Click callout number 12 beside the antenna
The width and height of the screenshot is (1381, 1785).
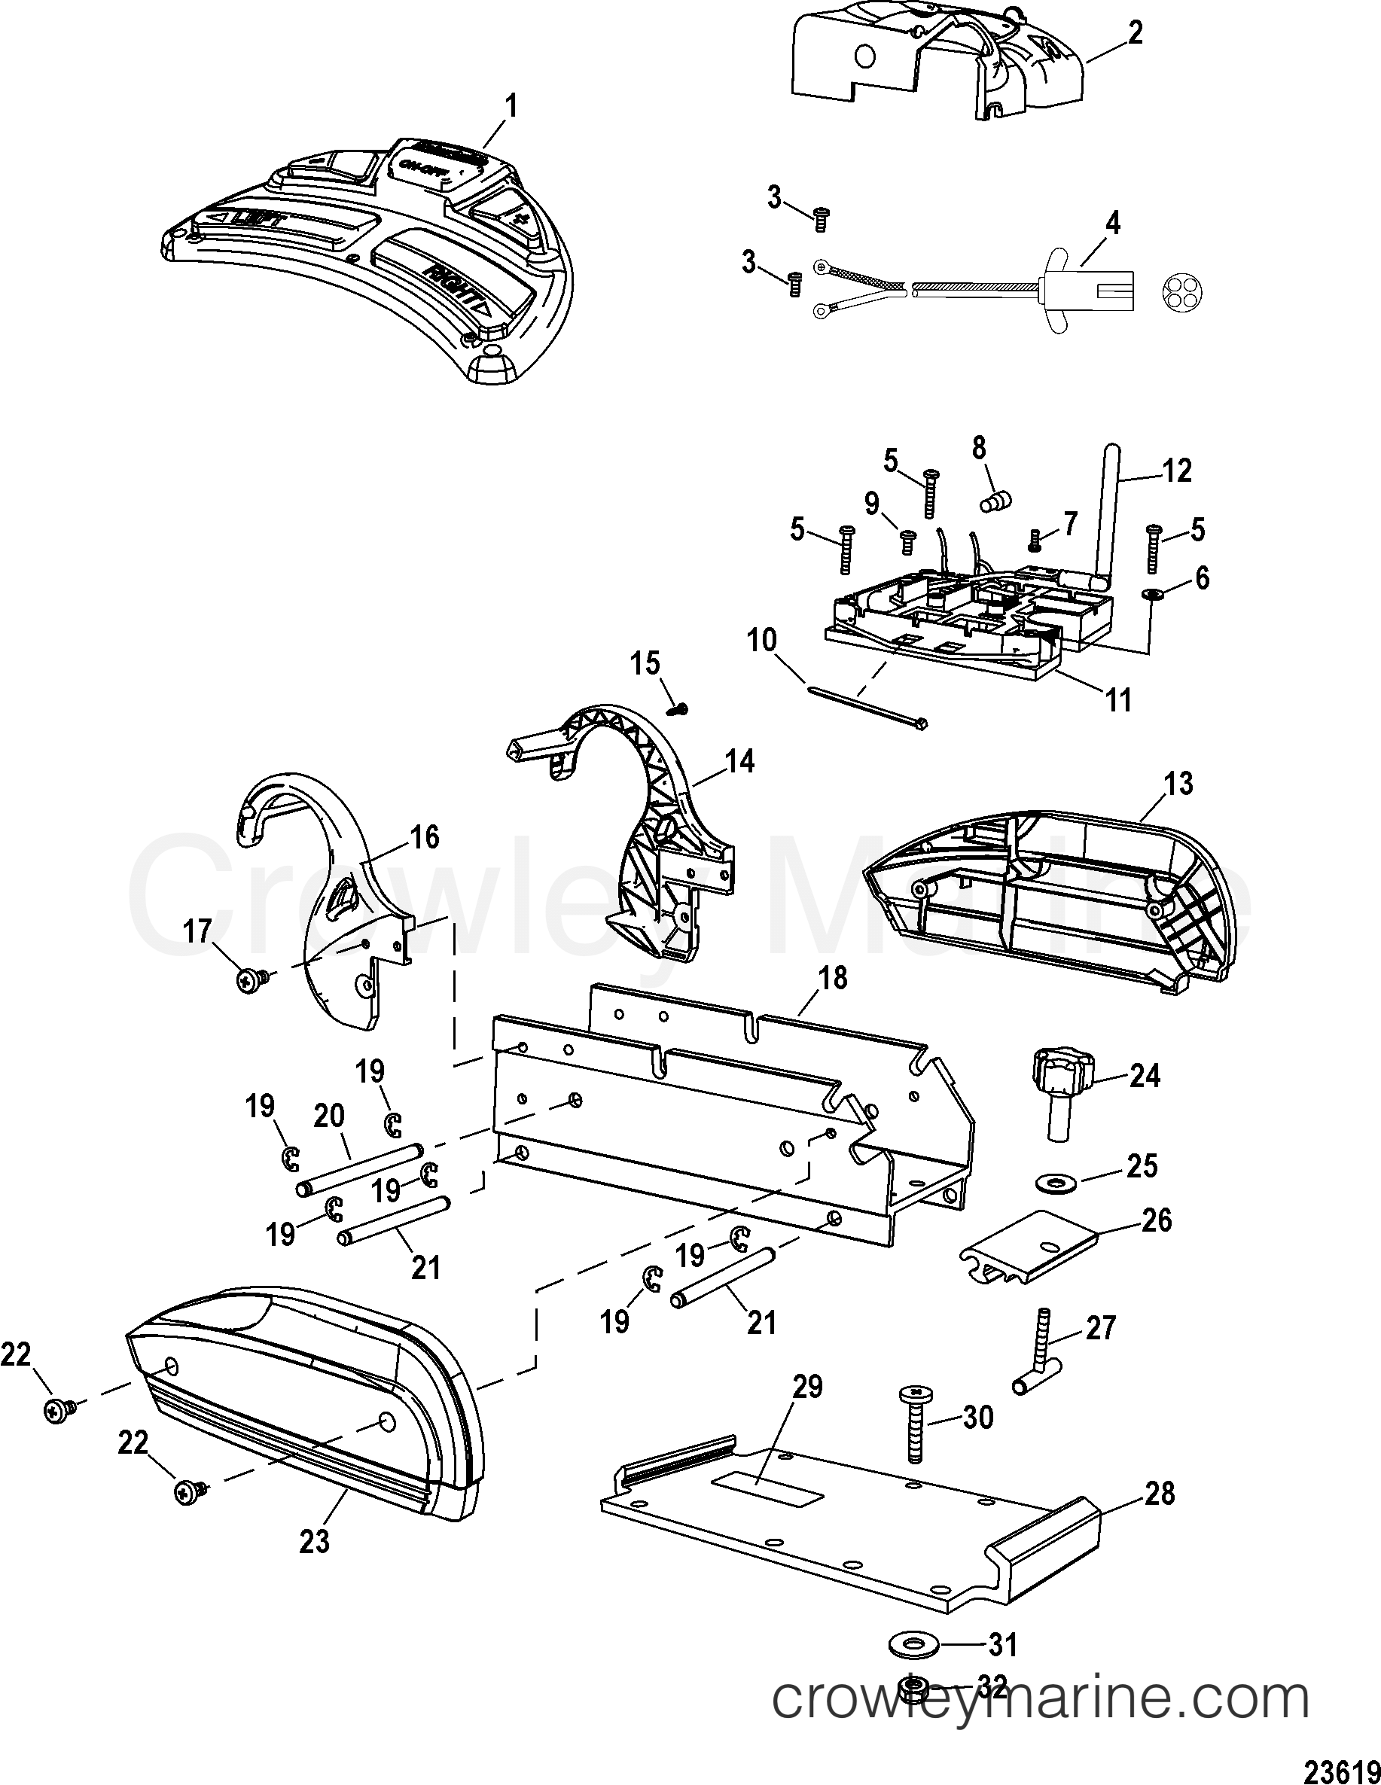pyautogui.click(x=1177, y=471)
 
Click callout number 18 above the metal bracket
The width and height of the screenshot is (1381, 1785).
pyautogui.click(x=832, y=978)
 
